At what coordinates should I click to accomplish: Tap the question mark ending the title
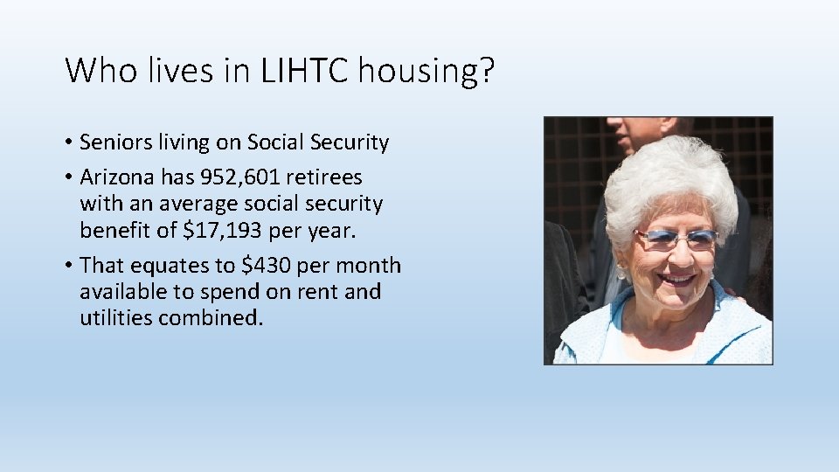[485, 70]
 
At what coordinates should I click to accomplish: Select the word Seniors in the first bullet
[114, 142]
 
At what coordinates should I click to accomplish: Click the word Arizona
[115, 177]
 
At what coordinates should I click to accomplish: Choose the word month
[364, 266]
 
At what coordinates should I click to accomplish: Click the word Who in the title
[98, 70]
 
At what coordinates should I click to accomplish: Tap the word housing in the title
[414, 70]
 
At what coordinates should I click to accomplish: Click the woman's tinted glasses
[676, 237]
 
